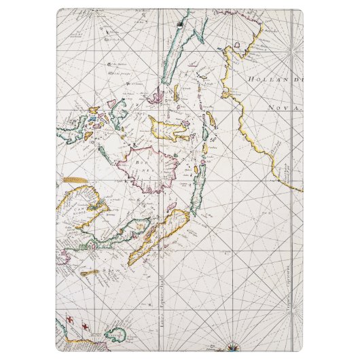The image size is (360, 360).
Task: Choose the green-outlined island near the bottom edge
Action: [x=113, y=335]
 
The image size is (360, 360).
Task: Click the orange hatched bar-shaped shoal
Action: [x=75, y=180]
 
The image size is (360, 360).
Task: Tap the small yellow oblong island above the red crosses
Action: [x=89, y=273]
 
